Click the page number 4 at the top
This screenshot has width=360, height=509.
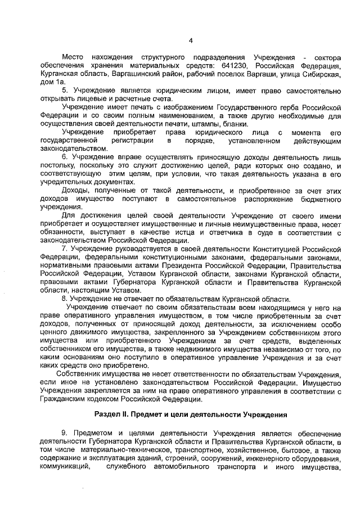point(191,40)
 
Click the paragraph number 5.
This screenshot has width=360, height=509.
point(64,91)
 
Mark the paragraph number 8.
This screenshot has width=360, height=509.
point(64,298)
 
